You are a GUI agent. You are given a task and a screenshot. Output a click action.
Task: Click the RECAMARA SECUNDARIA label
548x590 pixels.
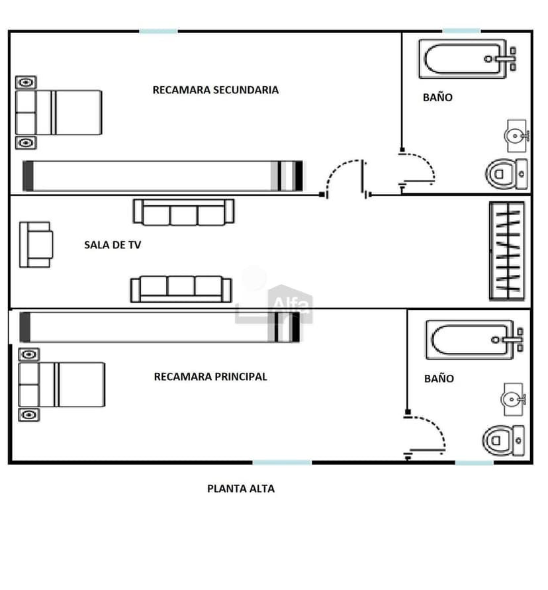216,90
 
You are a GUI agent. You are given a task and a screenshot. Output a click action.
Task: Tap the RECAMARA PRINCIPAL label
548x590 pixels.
210,377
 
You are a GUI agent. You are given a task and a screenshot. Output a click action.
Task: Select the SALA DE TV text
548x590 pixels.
113,245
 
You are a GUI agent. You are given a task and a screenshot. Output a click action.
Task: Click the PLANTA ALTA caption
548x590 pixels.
241,489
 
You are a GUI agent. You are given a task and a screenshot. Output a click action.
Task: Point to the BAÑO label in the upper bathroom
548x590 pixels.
437,97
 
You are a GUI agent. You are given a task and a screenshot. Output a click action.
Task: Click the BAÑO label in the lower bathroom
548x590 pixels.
439,379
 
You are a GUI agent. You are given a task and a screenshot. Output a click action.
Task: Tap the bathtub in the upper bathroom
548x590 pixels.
467,59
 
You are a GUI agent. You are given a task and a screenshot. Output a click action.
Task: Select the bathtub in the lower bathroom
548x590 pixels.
474,340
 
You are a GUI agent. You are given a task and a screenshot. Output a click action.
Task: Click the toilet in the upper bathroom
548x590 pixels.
506,174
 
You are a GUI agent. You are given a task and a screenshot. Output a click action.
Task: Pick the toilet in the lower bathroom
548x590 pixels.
503,440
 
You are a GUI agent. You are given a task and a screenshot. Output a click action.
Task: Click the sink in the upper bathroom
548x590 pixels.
517,136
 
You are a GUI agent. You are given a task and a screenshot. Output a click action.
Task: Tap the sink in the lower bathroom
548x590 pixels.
514,399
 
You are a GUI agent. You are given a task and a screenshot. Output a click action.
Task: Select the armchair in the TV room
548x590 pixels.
36,244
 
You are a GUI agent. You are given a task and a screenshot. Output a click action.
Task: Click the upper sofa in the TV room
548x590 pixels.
183,213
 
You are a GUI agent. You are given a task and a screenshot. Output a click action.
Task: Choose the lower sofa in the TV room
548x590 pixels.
181,289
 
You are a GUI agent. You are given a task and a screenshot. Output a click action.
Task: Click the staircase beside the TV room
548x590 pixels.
506,251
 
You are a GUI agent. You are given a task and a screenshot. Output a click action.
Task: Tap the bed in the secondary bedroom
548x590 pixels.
58,113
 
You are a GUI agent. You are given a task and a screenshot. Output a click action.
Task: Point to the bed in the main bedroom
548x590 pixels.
62,385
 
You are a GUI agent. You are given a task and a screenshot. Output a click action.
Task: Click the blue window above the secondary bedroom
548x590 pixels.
158,31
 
